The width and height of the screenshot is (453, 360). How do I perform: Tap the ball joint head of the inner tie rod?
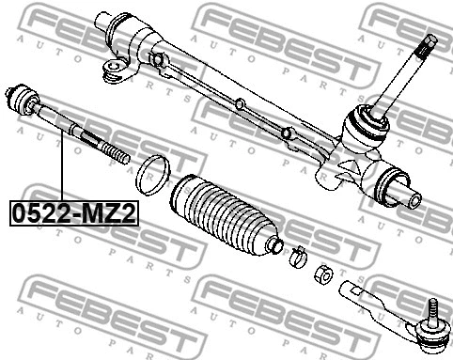(25, 98)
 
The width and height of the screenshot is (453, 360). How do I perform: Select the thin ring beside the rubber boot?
(152, 173)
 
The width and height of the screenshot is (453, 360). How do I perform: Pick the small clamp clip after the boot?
(296, 253)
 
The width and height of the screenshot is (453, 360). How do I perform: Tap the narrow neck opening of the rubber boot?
(273, 243)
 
